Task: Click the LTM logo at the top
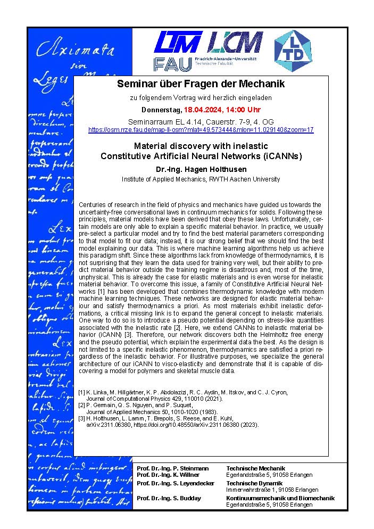(178, 42)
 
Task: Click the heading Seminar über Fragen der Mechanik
(201, 84)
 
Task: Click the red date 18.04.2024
(206, 110)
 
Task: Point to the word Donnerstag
(161, 110)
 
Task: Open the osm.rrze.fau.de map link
(201, 129)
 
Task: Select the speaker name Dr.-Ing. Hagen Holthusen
(201, 168)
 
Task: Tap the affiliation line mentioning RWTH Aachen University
(201, 179)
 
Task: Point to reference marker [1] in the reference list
(81, 392)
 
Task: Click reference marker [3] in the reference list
(81, 419)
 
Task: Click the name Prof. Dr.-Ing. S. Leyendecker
(175, 483)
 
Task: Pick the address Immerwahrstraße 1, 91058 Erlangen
(272, 490)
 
